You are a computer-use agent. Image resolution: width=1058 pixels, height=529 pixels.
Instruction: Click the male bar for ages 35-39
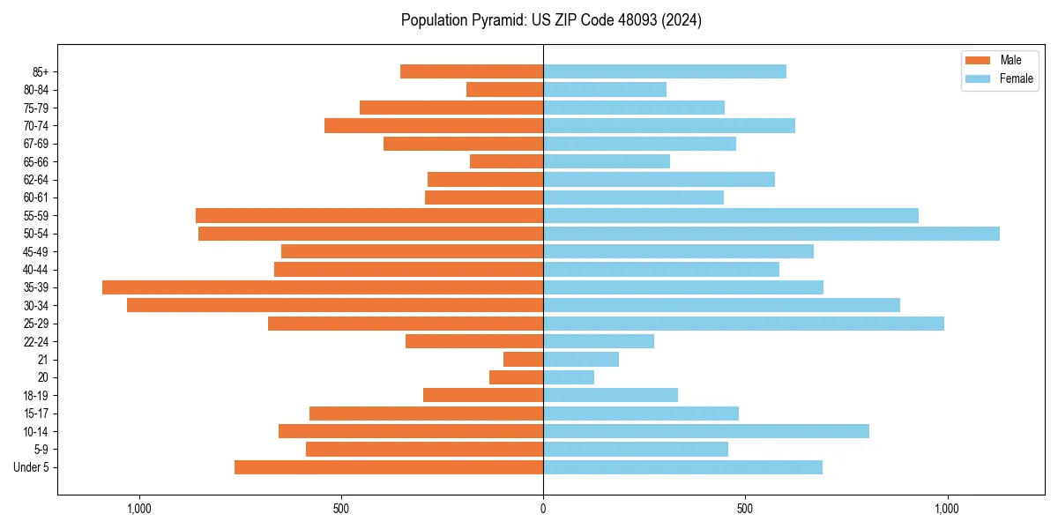click(x=323, y=287)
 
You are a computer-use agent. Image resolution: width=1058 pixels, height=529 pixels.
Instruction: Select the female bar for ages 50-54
click(x=771, y=234)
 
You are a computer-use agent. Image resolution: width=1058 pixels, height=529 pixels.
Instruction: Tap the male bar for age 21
click(x=523, y=360)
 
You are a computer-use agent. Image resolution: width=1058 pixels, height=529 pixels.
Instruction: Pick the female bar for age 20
click(x=569, y=377)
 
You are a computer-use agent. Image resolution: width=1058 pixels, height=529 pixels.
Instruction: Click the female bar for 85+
click(x=665, y=71)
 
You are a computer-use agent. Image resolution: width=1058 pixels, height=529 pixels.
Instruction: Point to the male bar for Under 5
click(x=389, y=467)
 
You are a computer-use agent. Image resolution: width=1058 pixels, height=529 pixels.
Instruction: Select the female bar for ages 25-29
click(x=743, y=324)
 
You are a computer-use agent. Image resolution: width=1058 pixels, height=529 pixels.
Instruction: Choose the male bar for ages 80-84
click(x=504, y=89)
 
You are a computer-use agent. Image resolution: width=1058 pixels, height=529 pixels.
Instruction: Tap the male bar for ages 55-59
click(x=369, y=215)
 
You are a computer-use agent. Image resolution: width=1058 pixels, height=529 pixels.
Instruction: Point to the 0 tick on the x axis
click(x=543, y=509)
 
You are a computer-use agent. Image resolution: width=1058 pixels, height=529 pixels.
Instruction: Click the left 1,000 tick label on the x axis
click(x=139, y=509)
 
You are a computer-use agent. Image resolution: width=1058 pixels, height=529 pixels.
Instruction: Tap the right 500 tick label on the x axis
click(x=745, y=509)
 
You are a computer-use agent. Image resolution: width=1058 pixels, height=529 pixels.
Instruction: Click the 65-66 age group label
click(x=36, y=161)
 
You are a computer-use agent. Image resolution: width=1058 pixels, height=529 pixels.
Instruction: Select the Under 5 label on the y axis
click(x=32, y=467)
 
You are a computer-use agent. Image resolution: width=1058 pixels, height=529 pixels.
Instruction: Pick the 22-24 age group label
click(x=36, y=341)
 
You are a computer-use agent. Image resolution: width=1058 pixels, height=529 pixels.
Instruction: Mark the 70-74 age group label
click(x=36, y=125)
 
